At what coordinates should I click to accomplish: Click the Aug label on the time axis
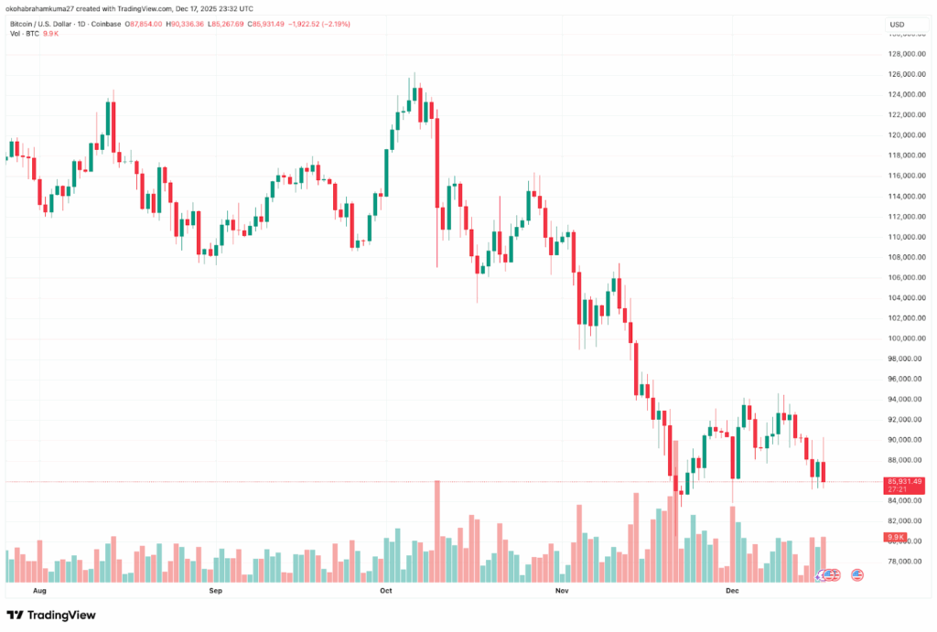(38, 592)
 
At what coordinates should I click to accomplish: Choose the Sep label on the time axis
(215, 592)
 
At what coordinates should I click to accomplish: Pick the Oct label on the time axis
(385, 592)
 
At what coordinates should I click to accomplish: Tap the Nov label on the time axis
(562, 592)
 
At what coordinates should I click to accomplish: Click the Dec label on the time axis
(732, 592)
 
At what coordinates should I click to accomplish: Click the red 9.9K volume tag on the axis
(895, 537)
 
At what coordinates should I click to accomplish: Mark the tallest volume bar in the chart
(437, 531)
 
